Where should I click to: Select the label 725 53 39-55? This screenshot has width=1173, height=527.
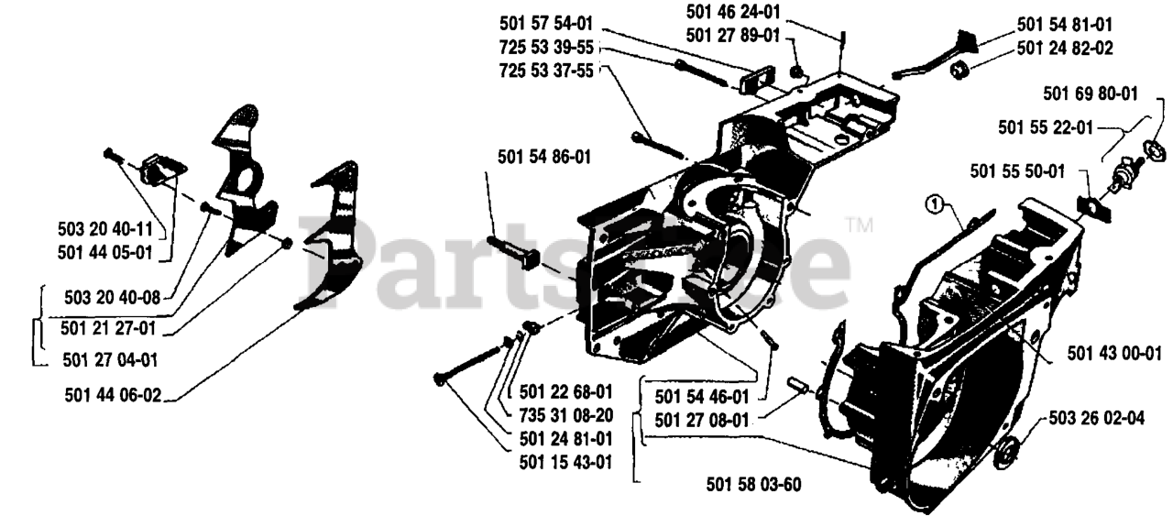[x=546, y=46]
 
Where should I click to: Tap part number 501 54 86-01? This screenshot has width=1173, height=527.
[x=544, y=157]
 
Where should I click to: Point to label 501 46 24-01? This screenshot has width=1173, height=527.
[x=733, y=13]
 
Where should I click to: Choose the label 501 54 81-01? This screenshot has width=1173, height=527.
[x=1064, y=27]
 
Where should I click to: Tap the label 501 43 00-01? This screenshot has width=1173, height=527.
[x=1114, y=351]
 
